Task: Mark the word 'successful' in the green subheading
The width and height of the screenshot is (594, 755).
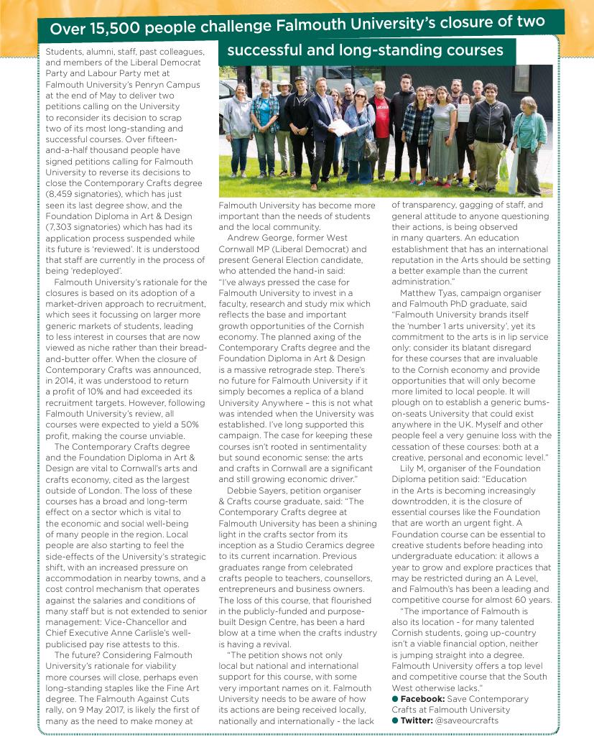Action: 266,51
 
